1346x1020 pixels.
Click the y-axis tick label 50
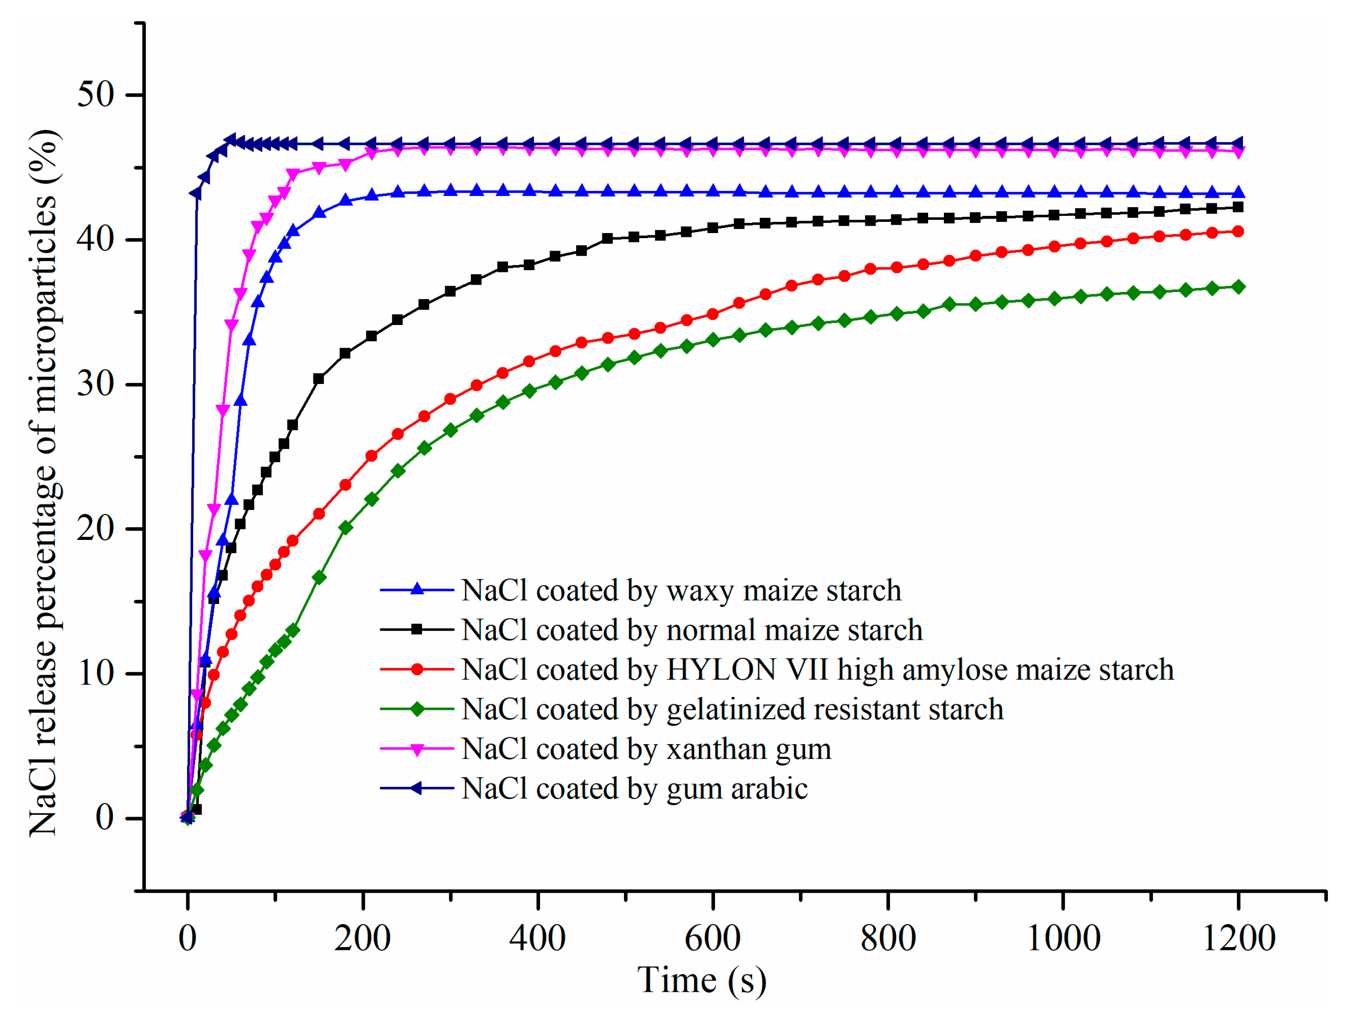tap(96, 94)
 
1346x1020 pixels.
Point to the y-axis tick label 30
tap(96, 384)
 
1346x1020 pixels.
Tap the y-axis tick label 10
tap(96, 673)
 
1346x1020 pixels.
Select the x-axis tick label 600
tap(713, 938)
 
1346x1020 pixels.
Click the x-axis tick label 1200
tap(1238, 938)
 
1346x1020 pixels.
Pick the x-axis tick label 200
tap(363, 938)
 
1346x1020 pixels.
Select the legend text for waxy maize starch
tap(682, 591)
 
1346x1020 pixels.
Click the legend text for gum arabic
tap(635, 789)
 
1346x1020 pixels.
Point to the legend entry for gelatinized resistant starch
tap(733, 709)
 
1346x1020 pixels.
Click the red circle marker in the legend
tap(417, 669)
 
